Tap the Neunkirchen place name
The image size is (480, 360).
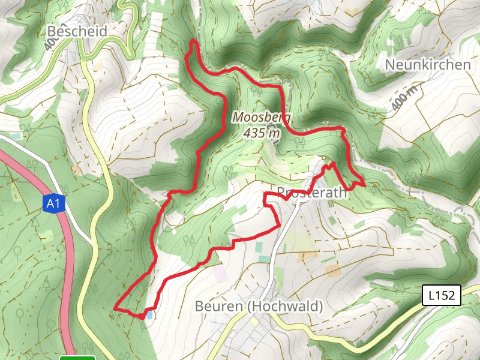click(x=427, y=64)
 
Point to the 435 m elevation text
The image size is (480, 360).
click(x=262, y=133)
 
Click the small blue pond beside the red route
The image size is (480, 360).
click(x=149, y=314)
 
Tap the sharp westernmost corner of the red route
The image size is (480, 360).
click(x=115, y=308)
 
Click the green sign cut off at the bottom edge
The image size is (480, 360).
click(x=77, y=358)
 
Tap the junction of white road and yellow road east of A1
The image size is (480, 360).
click(x=93, y=245)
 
